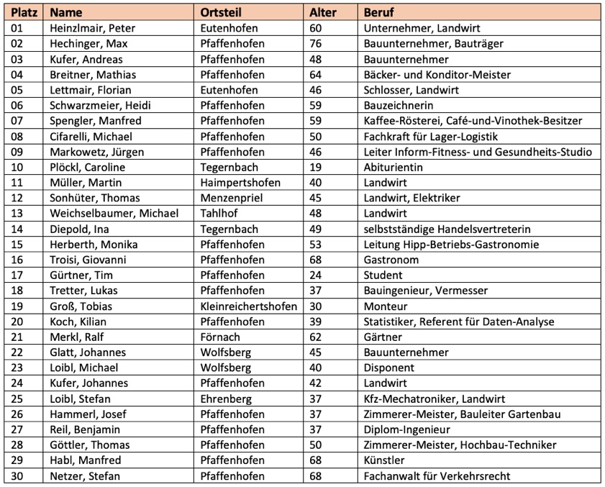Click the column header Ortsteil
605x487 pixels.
(223, 12)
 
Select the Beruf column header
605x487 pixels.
(378, 12)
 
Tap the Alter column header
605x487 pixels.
(322, 12)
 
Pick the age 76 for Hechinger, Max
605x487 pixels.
(316, 44)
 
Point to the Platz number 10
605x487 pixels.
(17, 167)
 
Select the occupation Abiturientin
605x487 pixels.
(394, 167)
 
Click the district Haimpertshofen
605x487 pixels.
(240, 183)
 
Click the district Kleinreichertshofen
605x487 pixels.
(250, 306)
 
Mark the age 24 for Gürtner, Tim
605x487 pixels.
(316, 275)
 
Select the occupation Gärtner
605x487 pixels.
(383, 337)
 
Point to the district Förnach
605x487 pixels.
(221, 337)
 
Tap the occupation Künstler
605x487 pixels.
(384, 460)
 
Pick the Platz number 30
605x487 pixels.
(17, 475)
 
